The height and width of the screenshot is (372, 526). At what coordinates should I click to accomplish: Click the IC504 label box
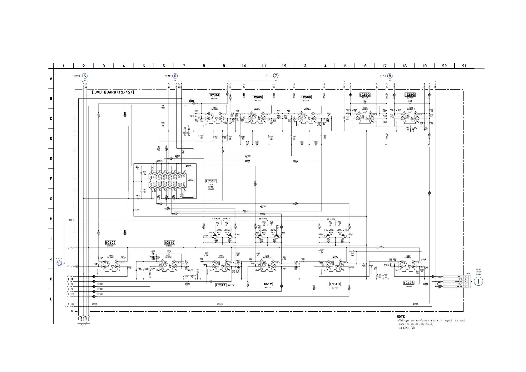(x=214, y=95)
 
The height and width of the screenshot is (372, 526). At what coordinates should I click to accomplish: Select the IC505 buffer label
(x=257, y=97)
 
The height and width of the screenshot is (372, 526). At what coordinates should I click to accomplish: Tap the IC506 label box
(x=306, y=97)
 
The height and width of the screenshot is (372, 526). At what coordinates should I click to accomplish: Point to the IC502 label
(x=365, y=95)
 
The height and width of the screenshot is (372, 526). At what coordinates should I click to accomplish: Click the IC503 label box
(x=410, y=95)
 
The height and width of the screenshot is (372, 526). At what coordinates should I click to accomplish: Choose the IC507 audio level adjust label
(x=211, y=181)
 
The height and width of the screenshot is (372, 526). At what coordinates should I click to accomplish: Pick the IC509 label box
(x=111, y=243)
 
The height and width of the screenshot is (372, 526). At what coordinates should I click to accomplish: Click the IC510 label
(x=169, y=243)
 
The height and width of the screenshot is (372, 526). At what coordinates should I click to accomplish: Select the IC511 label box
(x=221, y=285)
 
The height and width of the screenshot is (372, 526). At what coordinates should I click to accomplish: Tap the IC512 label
(x=267, y=284)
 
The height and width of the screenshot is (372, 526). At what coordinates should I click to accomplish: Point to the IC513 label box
(x=335, y=284)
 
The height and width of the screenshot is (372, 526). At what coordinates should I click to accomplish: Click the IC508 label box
(x=409, y=283)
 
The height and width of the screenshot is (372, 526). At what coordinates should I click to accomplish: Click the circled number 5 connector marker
(x=85, y=76)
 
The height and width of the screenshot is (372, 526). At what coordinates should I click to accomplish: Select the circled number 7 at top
(x=275, y=76)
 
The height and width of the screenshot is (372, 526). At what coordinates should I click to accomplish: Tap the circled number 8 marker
(x=390, y=76)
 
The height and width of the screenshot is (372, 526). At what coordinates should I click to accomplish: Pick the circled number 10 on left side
(x=59, y=263)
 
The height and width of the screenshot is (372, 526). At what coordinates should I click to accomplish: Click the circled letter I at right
(x=478, y=281)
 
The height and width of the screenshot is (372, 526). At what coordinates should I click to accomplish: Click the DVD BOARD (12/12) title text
(x=113, y=92)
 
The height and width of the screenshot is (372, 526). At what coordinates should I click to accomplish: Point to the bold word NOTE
(x=401, y=317)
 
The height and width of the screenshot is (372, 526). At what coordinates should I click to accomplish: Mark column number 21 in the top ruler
(x=464, y=66)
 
